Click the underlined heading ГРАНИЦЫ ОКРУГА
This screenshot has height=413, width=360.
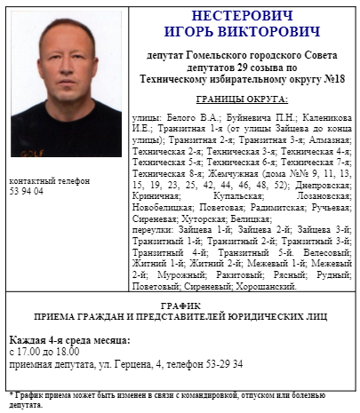[x=242, y=99]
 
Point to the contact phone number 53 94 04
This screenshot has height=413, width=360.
[x=26, y=191]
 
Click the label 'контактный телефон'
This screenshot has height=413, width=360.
[x=49, y=180]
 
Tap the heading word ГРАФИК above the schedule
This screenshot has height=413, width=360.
[x=180, y=305]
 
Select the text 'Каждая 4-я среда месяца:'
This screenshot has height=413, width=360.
[x=69, y=340]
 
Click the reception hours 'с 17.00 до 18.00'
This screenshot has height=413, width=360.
[x=41, y=353]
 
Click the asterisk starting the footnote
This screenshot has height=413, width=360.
[x=10, y=394]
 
